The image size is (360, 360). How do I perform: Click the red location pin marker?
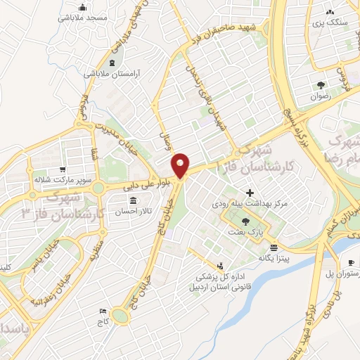(x=181, y=166)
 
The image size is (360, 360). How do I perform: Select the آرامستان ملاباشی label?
(x=113, y=73)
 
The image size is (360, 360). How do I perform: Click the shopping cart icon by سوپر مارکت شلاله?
(x=63, y=169)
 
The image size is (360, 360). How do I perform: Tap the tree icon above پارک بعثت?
(x=245, y=221)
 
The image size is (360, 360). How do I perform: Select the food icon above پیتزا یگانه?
(x=274, y=247)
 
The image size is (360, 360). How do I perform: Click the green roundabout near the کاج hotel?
(x=120, y=317)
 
